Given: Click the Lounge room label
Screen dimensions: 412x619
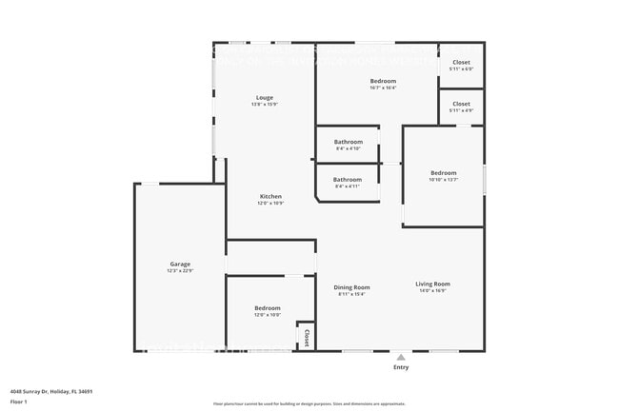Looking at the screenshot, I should (265, 97).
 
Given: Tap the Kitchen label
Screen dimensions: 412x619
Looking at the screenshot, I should (270, 197).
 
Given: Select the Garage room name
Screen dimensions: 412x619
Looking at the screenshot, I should (180, 264).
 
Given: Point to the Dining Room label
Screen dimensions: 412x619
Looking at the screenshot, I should (351, 287).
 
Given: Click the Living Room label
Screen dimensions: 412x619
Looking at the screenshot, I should (432, 284).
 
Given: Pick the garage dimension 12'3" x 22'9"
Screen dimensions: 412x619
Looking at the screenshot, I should (180, 271).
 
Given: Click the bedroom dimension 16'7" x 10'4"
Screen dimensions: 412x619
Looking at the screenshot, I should (383, 88).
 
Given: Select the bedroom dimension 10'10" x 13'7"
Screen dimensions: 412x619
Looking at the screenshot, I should (443, 180).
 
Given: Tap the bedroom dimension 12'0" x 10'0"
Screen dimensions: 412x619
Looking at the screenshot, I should (268, 315).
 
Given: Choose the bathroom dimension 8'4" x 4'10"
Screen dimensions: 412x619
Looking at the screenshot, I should (348, 148).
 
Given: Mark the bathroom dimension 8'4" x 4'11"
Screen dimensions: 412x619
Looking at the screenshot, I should (348, 186).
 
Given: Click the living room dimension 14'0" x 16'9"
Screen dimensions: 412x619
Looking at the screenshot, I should (432, 291).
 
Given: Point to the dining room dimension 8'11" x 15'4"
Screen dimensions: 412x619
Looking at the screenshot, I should (351, 294).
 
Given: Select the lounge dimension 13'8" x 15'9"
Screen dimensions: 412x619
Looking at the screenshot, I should (265, 105).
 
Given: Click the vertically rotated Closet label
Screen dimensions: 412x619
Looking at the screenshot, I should (306, 338).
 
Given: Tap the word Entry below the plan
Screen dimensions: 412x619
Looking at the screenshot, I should (401, 367).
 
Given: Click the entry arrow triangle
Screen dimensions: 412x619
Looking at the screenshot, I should (401, 357).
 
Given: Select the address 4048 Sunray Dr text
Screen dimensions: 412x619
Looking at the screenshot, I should (51, 391).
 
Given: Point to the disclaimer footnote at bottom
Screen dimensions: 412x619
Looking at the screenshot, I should (309, 403).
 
